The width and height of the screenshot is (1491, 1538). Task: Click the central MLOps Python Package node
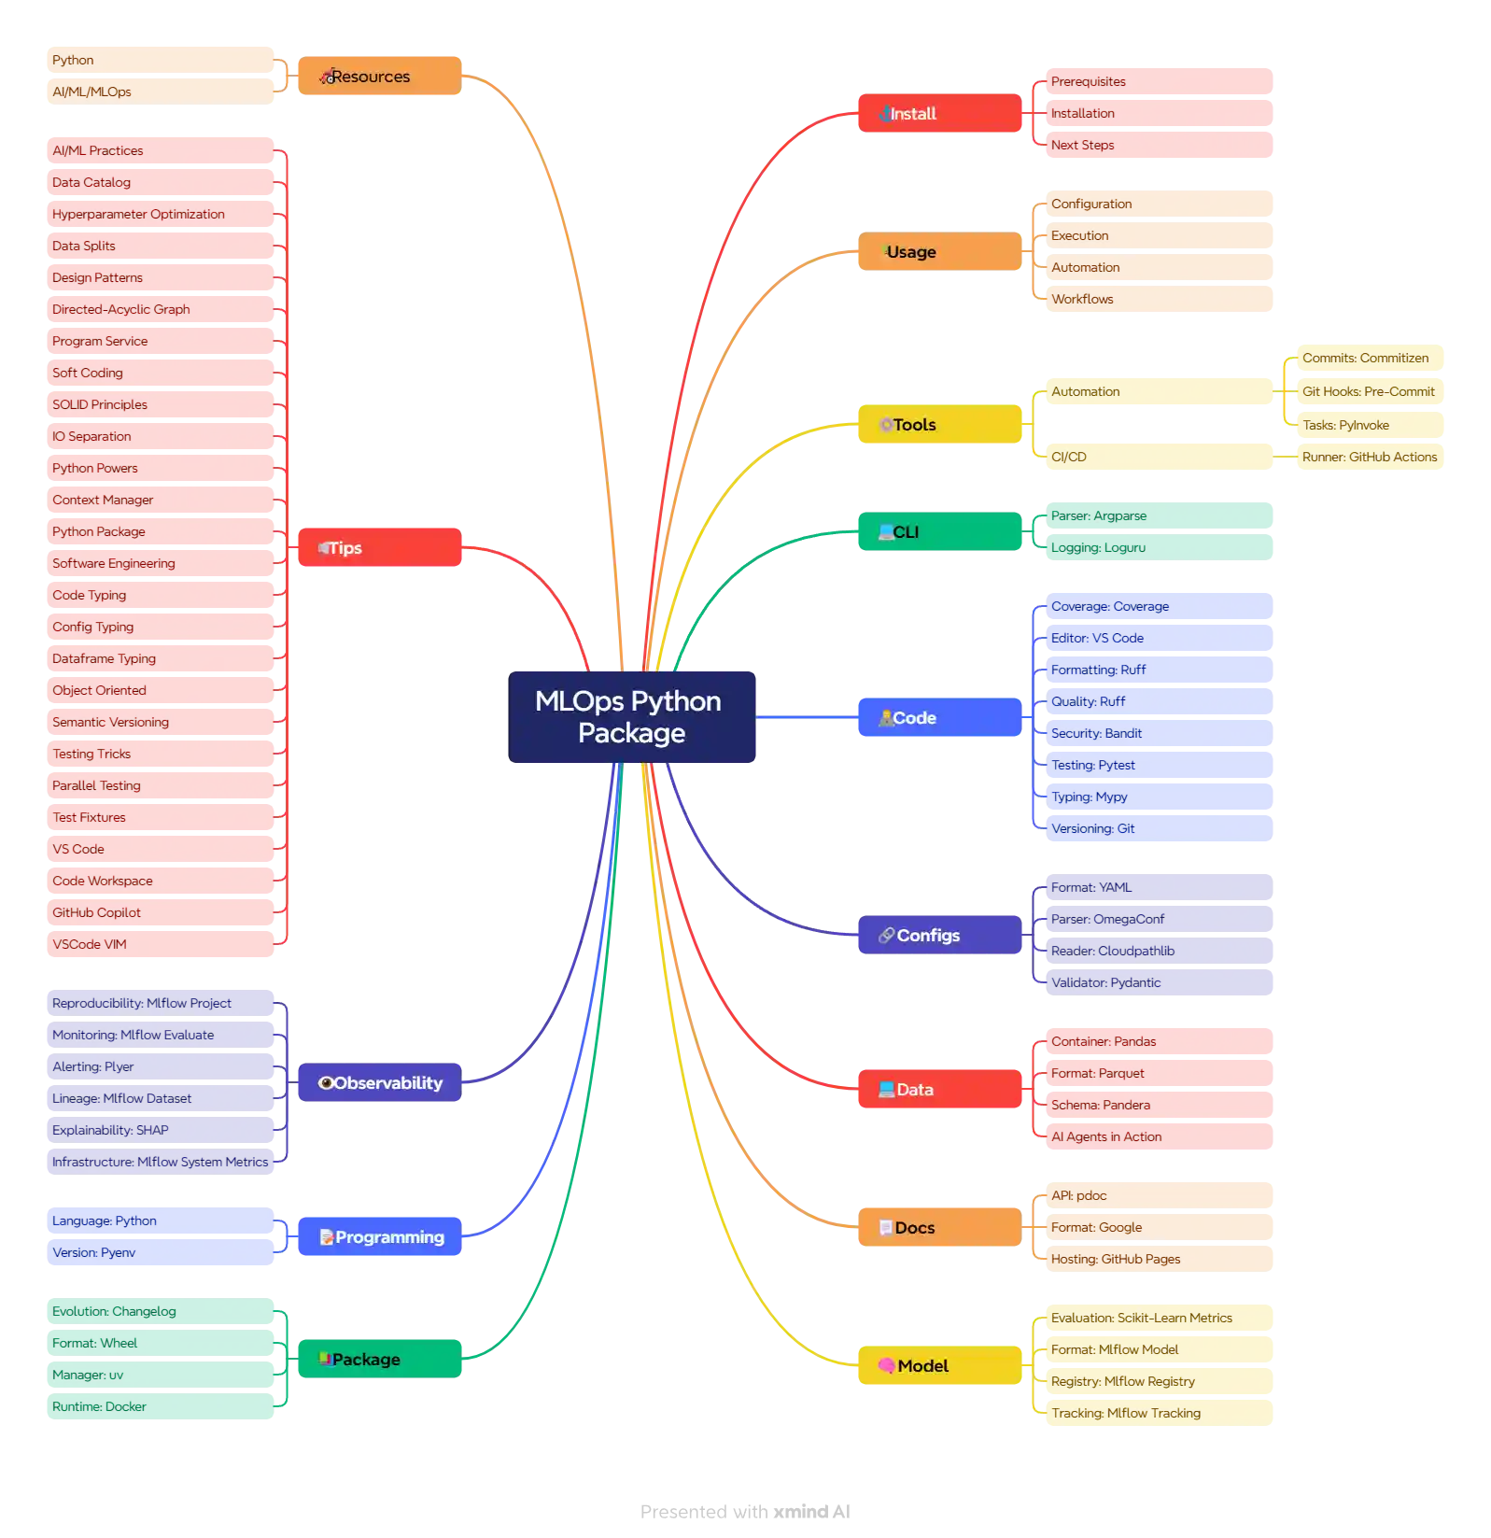(x=631, y=717)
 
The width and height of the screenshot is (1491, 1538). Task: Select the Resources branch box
(x=379, y=77)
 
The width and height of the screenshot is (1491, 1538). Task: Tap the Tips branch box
(x=379, y=548)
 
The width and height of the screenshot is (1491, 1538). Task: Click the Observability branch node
(x=379, y=1083)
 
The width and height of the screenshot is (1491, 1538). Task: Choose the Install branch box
(x=939, y=114)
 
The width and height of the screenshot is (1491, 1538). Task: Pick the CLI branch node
(x=939, y=532)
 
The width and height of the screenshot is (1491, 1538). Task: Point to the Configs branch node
(x=939, y=936)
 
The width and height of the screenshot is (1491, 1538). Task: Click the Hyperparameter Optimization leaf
(x=160, y=214)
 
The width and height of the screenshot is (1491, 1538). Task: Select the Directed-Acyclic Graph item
(x=160, y=309)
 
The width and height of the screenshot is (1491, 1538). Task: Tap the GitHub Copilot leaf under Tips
(x=160, y=912)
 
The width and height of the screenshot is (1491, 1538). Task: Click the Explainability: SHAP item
(x=160, y=1130)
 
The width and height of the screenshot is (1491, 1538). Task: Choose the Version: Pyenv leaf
(x=160, y=1252)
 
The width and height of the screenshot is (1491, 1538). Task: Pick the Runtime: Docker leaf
(x=160, y=1406)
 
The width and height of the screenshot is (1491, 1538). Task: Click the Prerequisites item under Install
(x=1160, y=82)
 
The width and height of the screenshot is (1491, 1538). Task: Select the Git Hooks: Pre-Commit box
(x=1368, y=391)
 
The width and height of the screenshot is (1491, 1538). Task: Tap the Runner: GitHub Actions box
(x=1369, y=457)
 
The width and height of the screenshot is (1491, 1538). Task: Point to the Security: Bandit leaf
(x=1160, y=733)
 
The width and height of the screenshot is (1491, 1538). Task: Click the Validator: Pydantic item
(x=1160, y=982)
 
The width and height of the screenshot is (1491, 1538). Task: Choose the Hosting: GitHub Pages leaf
(x=1160, y=1259)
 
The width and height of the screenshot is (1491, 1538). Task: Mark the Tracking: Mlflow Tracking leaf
(x=1160, y=1413)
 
